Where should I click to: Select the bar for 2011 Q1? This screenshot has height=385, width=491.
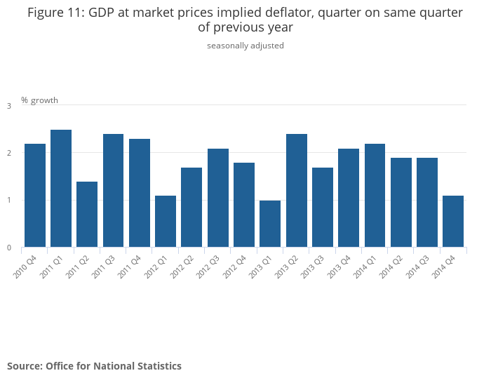tap(61, 189)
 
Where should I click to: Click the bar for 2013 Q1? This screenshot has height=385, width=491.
tap(270, 224)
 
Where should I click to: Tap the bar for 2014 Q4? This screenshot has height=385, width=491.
tap(453, 222)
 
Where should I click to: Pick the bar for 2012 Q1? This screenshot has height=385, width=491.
tap(166, 222)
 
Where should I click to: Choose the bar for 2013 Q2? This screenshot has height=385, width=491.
tap(297, 191)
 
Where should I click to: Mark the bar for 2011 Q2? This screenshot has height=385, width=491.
tap(87, 215)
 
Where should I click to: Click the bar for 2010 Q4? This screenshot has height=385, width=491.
tap(35, 196)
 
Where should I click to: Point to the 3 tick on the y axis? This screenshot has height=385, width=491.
tap(9, 106)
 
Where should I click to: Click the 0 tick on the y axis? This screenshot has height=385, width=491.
tap(9, 248)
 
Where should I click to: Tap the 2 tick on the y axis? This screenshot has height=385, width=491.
tap(9, 153)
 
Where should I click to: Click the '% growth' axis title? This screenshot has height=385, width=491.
tap(39, 100)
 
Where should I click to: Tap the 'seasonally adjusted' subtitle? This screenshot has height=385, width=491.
tap(245, 46)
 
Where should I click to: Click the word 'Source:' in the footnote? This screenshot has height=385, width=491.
tap(25, 366)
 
